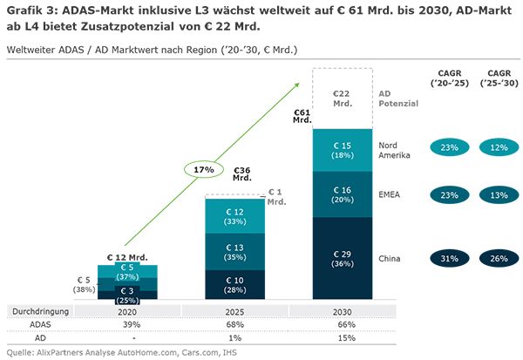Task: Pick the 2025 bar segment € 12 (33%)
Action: click(x=238, y=216)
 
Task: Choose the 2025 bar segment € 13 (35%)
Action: click(x=238, y=252)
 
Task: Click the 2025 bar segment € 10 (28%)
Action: click(x=238, y=284)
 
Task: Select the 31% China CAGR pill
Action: click(x=450, y=258)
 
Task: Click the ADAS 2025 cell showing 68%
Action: click(x=238, y=323)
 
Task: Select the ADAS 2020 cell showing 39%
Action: click(x=128, y=323)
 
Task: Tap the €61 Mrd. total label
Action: click(x=302, y=117)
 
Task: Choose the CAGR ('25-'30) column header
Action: click(x=499, y=79)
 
